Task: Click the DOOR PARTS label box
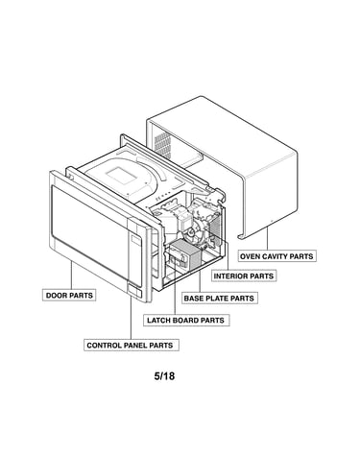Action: tap(69, 295)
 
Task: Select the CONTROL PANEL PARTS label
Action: tap(132, 345)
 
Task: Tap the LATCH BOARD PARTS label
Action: tap(186, 320)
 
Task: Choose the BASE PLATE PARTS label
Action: tap(220, 298)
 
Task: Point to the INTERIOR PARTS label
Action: tap(244, 276)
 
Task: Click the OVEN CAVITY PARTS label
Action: tap(276, 256)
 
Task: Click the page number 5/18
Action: tap(164, 375)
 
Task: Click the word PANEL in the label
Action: tap(135, 346)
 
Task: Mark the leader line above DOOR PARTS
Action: tap(71, 275)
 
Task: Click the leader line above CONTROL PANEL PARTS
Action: tap(131, 318)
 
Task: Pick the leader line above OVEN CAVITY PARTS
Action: tap(267, 238)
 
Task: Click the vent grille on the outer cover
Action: tap(161, 146)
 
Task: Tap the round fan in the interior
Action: tap(193, 233)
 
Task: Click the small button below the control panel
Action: tap(134, 291)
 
